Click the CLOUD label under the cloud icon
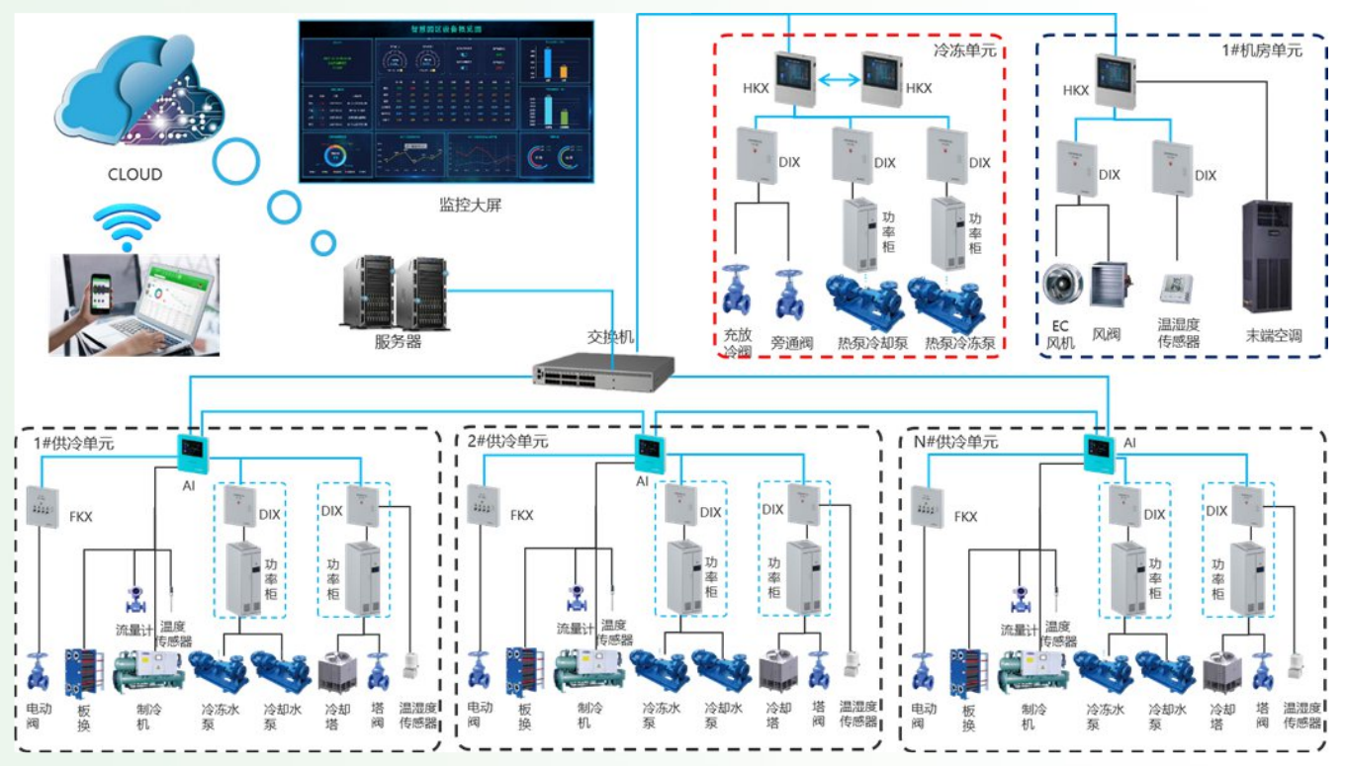pos(134,175)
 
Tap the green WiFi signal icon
pos(127,227)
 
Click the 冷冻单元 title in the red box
pos(964,47)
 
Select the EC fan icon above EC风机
pos(1063,285)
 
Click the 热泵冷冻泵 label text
pos(959,344)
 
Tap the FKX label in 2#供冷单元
pos(521,516)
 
